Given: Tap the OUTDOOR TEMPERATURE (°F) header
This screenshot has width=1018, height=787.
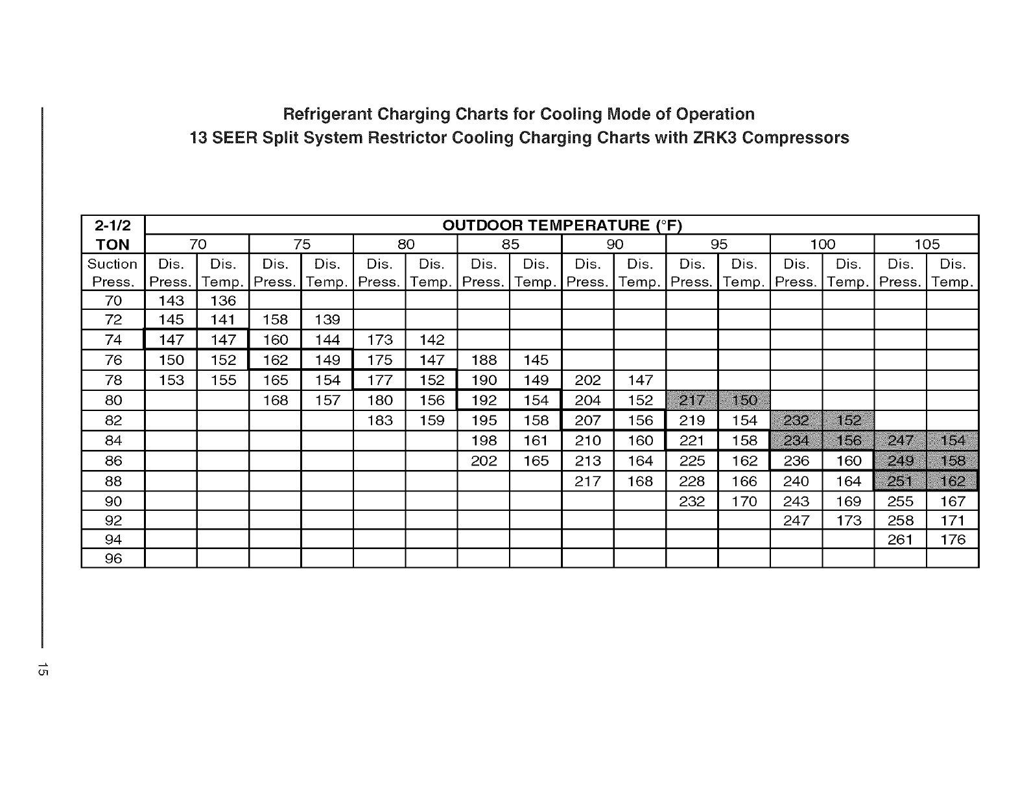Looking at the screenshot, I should (x=562, y=226).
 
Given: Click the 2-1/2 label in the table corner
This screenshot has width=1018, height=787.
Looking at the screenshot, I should (x=113, y=226).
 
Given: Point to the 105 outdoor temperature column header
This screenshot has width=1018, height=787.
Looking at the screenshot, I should (x=927, y=244).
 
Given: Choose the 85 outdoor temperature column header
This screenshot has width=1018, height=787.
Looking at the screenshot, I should (x=510, y=244).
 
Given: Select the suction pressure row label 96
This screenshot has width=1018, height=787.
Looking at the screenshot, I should (x=113, y=558).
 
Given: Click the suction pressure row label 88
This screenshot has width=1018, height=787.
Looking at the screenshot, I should (x=113, y=481).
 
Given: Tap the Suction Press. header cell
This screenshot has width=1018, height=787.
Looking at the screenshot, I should (x=113, y=273).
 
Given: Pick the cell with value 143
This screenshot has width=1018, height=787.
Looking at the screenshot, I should (x=171, y=301).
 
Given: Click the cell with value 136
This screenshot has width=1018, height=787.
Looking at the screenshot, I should (x=223, y=301).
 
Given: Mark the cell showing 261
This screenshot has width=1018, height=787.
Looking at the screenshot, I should (x=901, y=539).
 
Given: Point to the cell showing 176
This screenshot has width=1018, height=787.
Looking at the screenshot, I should (x=953, y=539).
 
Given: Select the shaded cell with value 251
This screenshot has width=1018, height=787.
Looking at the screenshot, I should (x=901, y=481).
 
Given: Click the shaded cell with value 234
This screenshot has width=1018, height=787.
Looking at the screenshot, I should (x=796, y=441).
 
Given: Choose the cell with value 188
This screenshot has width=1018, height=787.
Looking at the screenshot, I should (x=484, y=360).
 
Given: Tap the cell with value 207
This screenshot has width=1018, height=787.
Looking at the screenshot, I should (x=587, y=420).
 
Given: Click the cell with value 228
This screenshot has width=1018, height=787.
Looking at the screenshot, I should (x=692, y=481).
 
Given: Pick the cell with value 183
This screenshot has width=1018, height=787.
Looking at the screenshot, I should (x=379, y=420).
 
